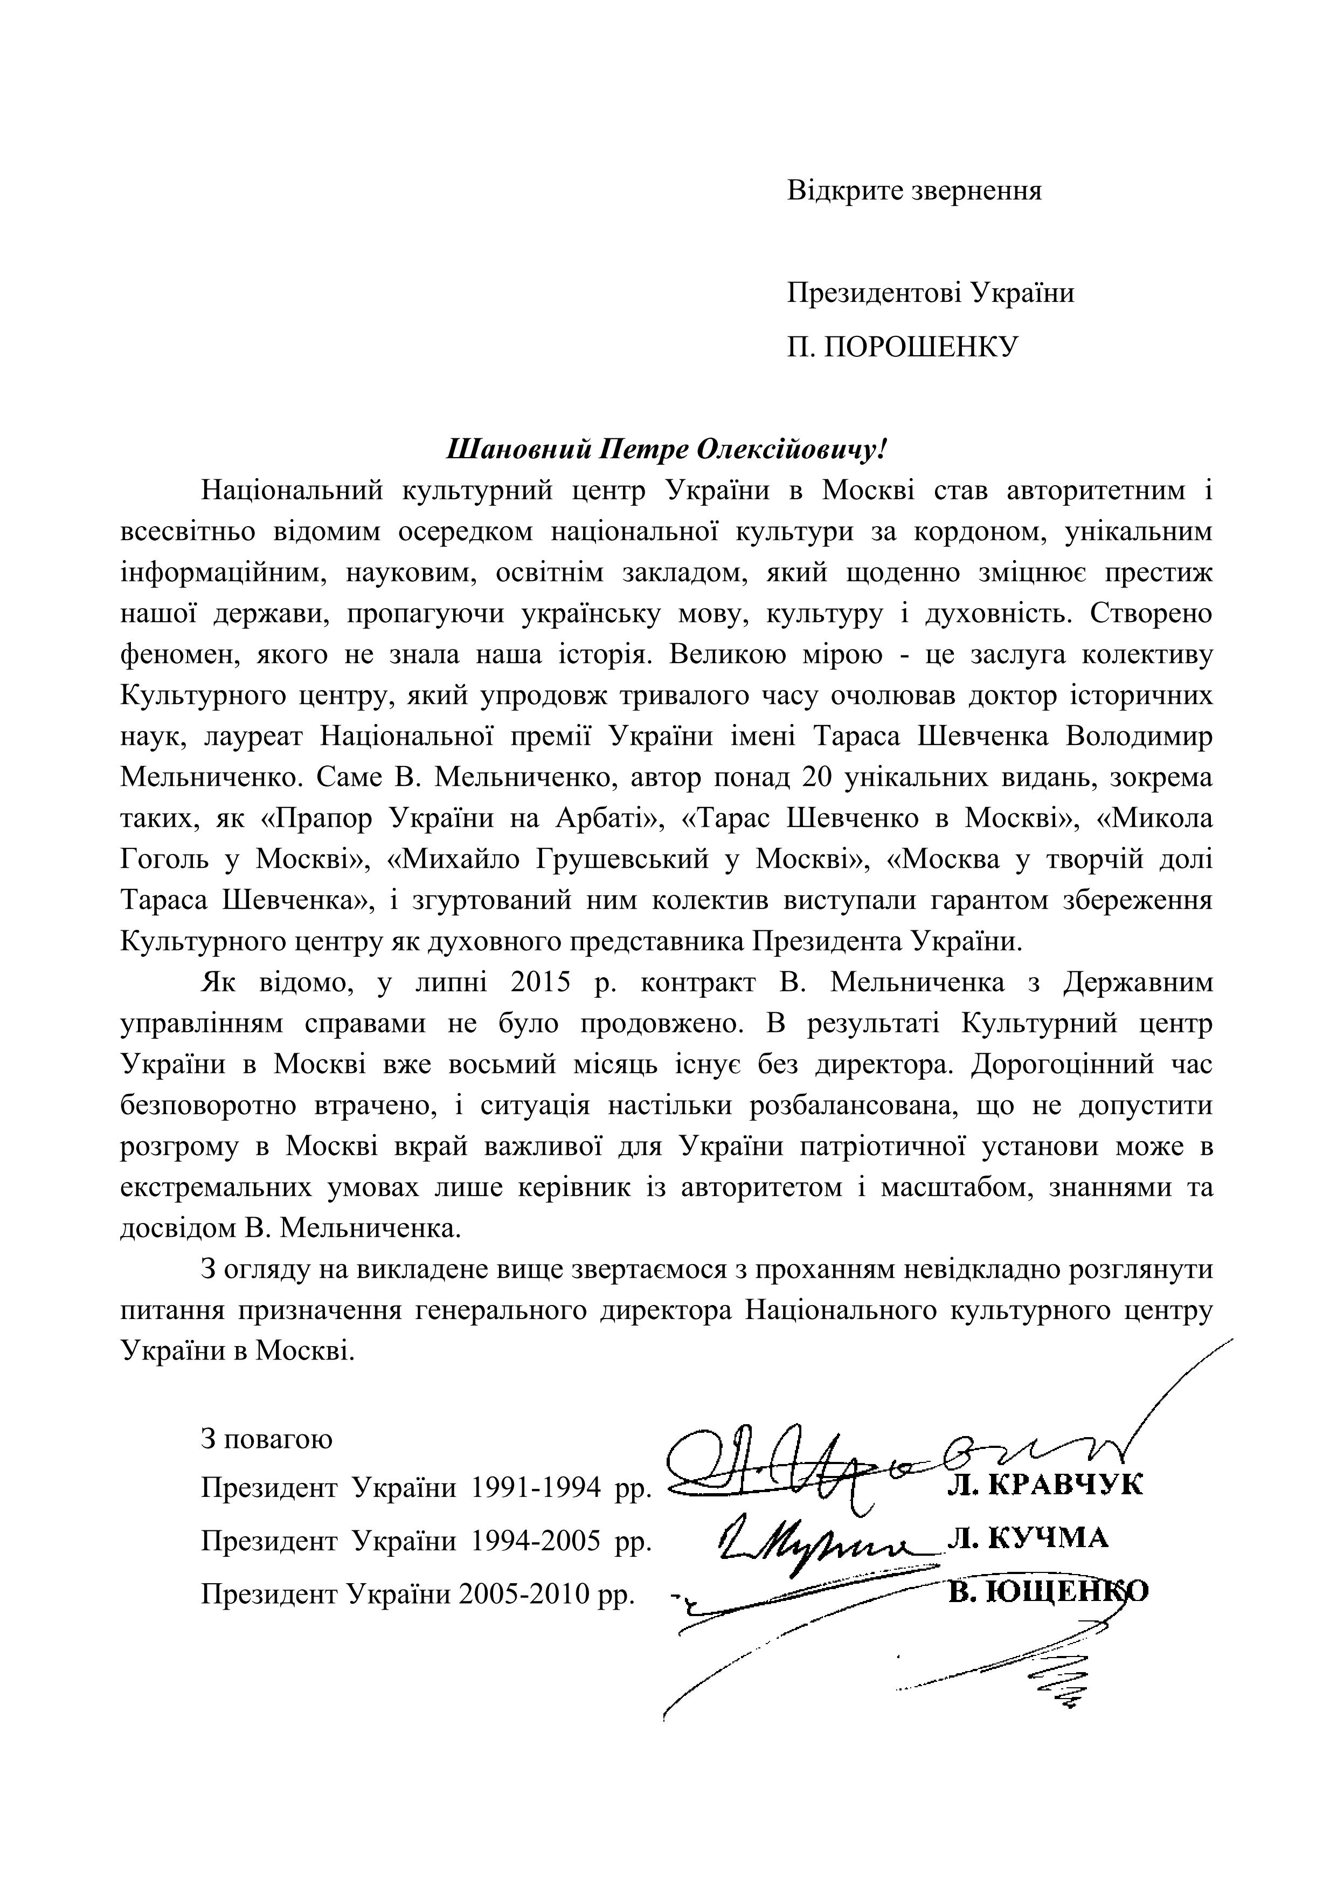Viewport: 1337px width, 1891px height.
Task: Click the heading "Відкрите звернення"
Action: coord(914,191)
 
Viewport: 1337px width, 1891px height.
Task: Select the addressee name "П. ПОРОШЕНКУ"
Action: coord(902,346)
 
